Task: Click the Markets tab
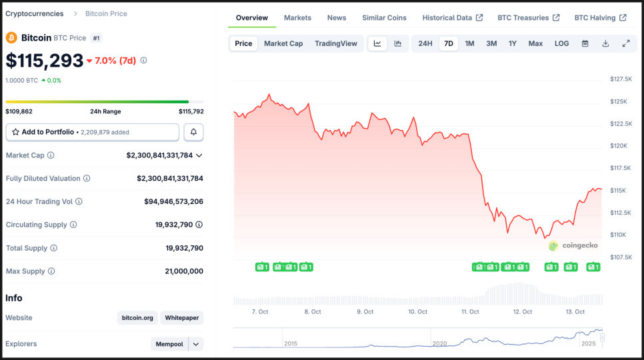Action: [x=297, y=18]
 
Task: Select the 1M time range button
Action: [x=469, y=44]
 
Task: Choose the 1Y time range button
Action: [x=513, y=44]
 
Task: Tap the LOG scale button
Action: [x=561, y=44]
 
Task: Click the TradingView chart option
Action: [x=336, y=44]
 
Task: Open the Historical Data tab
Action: [x=452, y=18]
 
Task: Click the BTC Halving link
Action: [x=600, y=18]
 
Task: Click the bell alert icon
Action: [x=193, y=132]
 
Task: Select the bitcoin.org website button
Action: [x=137, y=318]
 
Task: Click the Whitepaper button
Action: [x=182, y=318]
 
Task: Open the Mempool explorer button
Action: [x=170, y=344]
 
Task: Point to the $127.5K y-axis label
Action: [x=621, y=79]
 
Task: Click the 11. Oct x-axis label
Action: [x=470, y=312]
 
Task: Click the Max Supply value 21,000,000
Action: [x=184, y=271]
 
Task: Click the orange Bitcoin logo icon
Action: [x=12, y=38]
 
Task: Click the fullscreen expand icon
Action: [x=626, y=44]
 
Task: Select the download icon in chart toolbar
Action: [x=605, y=44]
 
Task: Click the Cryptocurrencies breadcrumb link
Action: [x=35, y=14]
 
